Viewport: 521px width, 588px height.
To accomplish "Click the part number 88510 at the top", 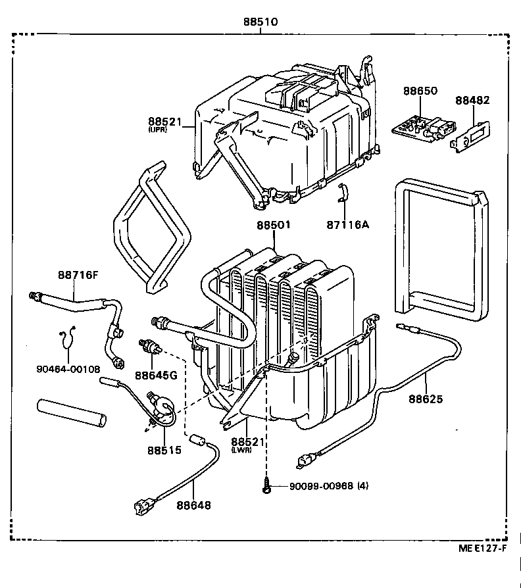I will (260, 22).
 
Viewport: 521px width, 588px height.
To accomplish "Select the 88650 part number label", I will (420, 91).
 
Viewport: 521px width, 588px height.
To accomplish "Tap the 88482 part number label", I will (472, 101).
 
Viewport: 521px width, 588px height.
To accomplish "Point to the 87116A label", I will (347, 224).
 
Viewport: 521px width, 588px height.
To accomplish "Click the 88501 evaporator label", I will (274, 225).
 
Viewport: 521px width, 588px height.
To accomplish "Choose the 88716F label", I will (77, 275).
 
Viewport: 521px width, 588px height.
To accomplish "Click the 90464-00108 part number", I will (68, 370).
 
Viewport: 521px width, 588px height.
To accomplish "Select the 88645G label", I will (156, 376).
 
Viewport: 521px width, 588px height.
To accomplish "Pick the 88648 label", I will (193, 505).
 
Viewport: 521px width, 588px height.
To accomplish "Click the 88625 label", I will (426, 399).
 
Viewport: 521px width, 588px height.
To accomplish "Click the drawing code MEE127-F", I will (482, 549).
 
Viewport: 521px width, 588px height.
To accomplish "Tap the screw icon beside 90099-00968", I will (268, 487).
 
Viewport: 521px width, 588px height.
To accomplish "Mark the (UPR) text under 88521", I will (159, 130).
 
